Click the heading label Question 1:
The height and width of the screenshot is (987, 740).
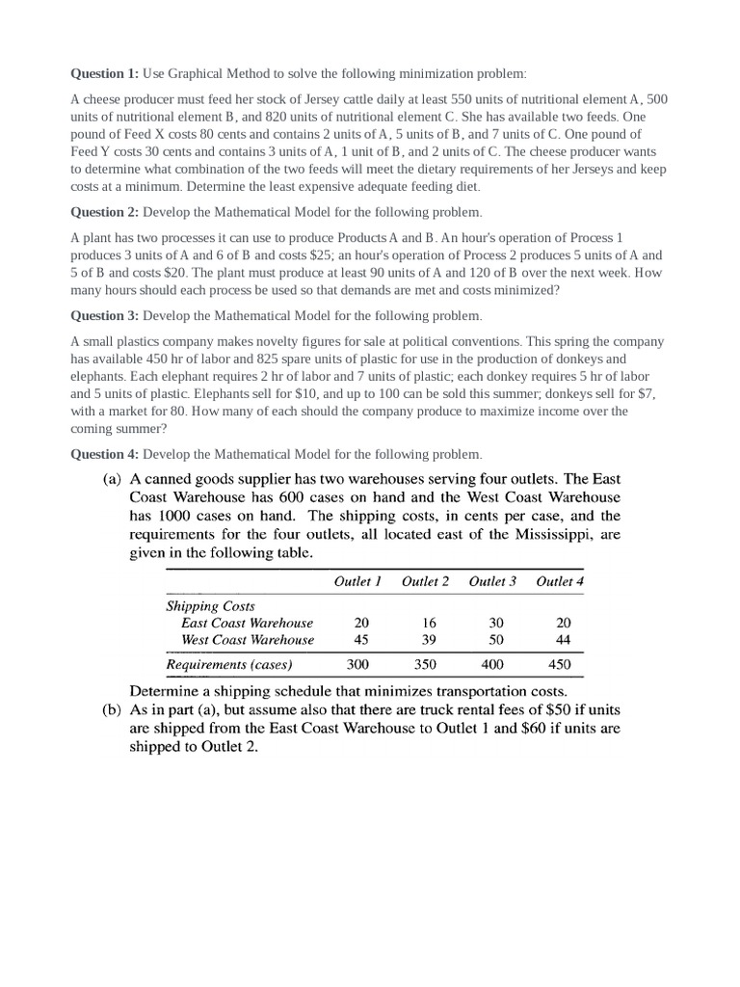pos(106,74)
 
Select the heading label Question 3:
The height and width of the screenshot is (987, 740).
pos(106,316)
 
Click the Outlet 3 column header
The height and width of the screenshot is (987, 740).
pos(492,581)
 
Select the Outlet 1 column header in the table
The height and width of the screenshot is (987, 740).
pos(357,581)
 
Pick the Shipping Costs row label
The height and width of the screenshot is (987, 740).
pos(211,606)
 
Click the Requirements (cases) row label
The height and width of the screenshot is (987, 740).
pos(229,664)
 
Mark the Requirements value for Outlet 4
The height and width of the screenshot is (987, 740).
pos(559,664)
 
